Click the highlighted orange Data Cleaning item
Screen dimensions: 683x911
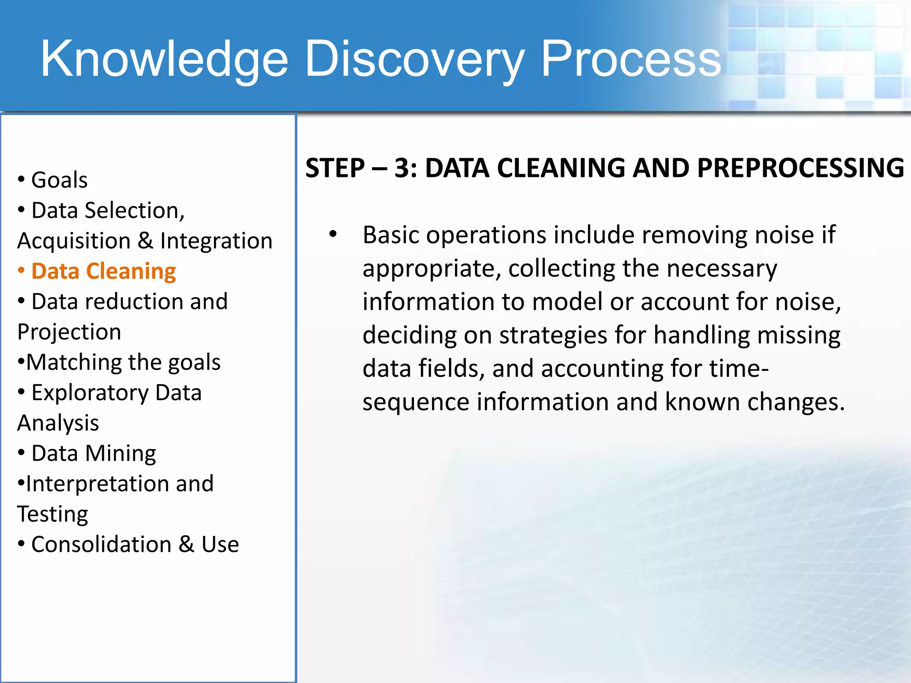(103, 271)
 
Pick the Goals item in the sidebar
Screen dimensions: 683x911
(59, 180)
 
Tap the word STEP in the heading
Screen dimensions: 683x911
(335, 168)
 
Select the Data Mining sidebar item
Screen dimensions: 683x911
(93, 454)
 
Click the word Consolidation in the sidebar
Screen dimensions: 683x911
(101, 545)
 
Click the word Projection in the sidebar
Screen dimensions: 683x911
(69, 332)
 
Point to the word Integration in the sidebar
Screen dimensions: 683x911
(216, 241)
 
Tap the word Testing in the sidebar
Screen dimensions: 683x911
(52, 514)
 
